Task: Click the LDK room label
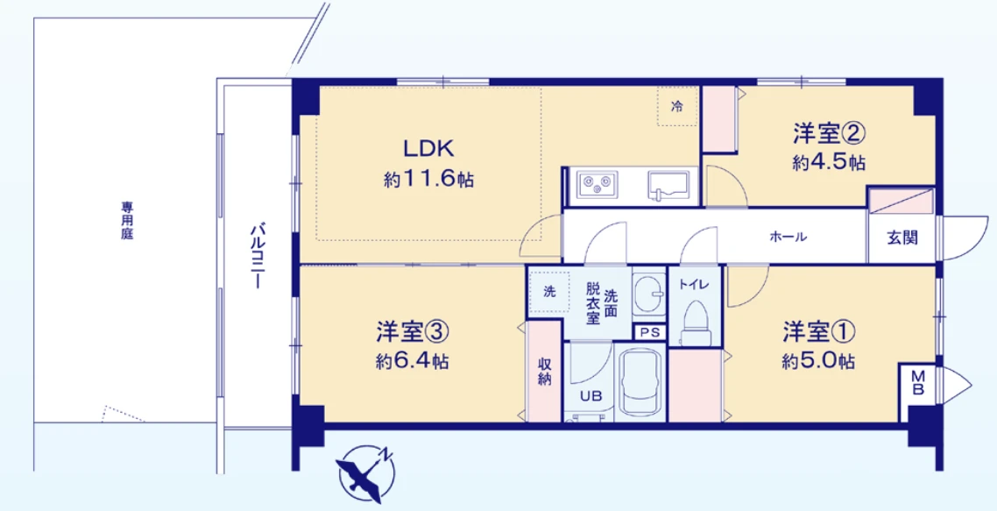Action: (428, 147)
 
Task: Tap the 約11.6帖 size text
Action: (428, 180)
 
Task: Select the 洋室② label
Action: (830, 133)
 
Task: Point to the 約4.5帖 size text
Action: (830, 162)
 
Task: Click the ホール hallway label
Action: (788, 238)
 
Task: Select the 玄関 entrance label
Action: (902, 238)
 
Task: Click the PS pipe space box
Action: (649, 332)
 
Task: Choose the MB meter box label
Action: (917, 383)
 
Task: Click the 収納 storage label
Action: (543, 371)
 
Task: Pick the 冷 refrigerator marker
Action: (676, 106)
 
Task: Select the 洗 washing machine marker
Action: (548, 291)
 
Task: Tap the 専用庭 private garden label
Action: (128, 223)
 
